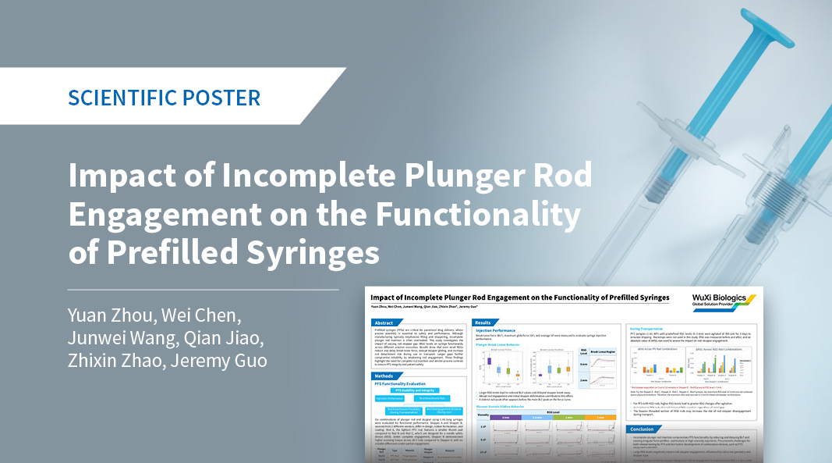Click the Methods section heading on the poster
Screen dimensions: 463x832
pyautogui.click(x=386, y=376)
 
